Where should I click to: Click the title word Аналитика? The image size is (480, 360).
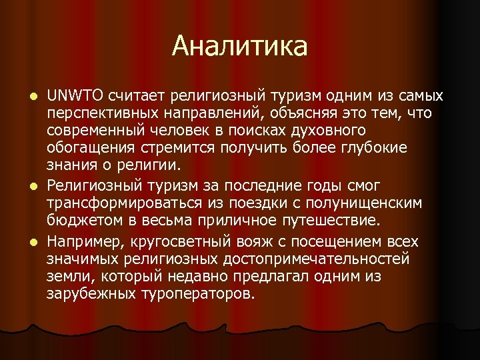pyautogui.click(x=240, y=47)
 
